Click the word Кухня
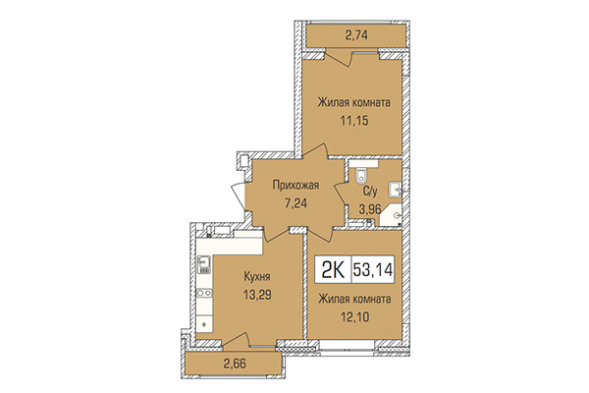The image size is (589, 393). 230,277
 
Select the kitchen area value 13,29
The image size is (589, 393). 230,294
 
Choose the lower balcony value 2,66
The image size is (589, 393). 236,365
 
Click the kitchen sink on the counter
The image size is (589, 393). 205,263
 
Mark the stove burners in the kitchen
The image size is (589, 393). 205,293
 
